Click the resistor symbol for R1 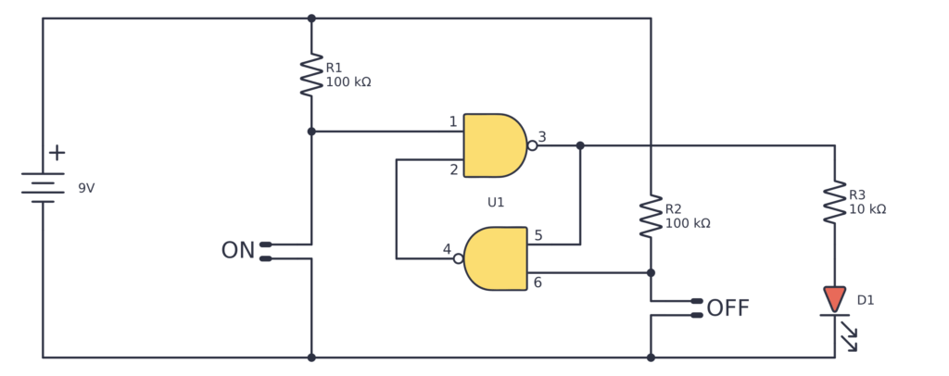coord(311,76)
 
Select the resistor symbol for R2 coord(651,217)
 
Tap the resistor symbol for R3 coord(834,202)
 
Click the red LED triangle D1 coord(834,299)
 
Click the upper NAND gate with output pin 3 coord(494,145)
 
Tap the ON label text coord(237,251)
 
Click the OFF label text coord(728,308)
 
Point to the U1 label coord(496,202)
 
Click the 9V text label coord(86,188)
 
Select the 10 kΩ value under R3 coord(867,209)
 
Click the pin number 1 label coord(453,122)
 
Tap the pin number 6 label coord(538,282)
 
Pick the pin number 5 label coord(538,236)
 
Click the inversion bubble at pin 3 coord(532,145)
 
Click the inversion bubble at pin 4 coord(458,258)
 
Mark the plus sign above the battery coord(57,153)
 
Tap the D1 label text coord(866,300)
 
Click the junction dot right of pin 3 coord(580,145)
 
